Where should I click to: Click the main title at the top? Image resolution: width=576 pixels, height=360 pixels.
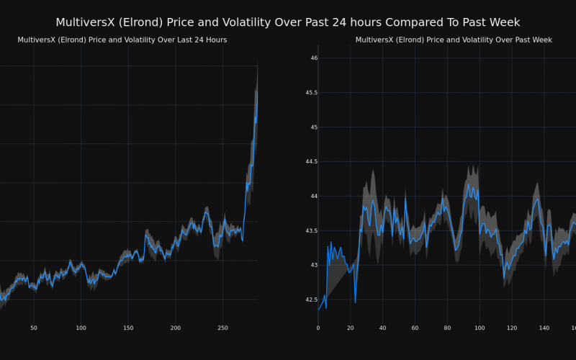coord(288,22)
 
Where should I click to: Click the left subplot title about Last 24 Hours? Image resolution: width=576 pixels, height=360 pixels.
coord(122,40)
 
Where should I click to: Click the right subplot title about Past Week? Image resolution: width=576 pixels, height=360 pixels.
coord(454,40)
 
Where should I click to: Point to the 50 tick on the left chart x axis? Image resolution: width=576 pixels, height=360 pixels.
coord(34,328)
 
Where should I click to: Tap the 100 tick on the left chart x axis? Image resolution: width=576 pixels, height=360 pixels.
coord(81,328)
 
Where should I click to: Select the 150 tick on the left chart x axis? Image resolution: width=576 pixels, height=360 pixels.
coord(128,328)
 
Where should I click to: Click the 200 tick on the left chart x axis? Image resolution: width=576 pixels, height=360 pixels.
coord(176,328)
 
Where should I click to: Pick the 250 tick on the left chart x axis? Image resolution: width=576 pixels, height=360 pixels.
coord(222,328)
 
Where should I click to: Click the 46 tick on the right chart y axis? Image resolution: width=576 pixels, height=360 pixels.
coord(314,58)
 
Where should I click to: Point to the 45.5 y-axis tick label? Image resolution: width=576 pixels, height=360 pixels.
coord(310,93)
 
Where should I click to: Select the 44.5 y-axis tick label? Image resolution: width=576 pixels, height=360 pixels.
coord(310,162)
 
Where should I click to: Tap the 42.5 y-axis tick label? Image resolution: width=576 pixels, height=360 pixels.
coord(310,300)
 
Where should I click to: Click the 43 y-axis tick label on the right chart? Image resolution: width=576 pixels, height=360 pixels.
coord(314,265)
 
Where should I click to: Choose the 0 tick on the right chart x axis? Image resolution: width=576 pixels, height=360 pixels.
coord(318,328)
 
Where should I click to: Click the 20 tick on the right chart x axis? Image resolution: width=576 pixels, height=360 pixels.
coord(351,328)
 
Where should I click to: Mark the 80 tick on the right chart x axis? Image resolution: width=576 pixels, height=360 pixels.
coord(447,328)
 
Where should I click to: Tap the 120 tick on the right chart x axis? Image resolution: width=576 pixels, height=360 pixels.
coord(512,328)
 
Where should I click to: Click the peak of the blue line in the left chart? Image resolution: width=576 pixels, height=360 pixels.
coord(257,89)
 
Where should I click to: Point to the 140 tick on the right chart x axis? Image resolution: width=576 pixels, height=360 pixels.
coord(544,328)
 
